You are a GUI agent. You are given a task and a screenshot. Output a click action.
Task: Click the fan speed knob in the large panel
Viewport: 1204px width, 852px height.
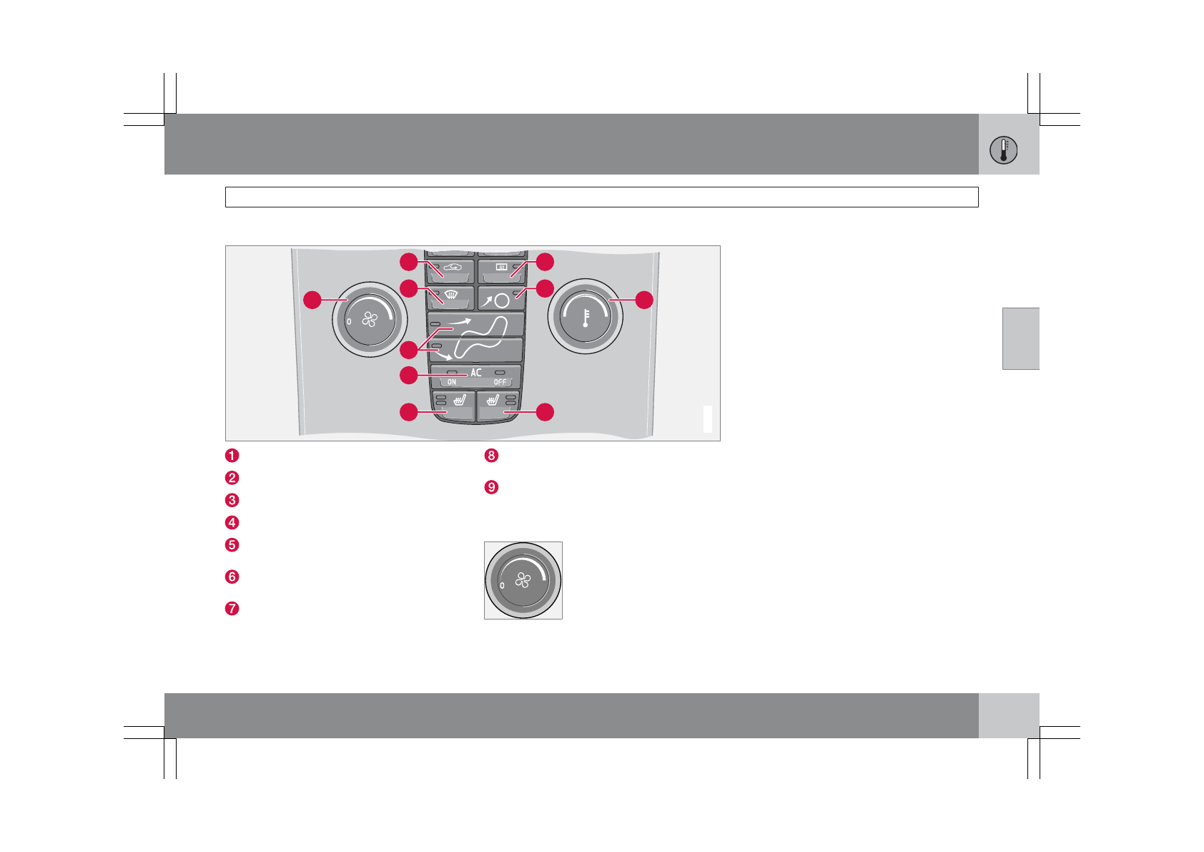[369, 320]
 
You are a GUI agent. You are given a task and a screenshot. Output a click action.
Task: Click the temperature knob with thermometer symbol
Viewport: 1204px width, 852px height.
[585, 316]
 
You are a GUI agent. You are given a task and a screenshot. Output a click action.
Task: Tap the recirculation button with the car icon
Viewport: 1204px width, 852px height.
[451, 270]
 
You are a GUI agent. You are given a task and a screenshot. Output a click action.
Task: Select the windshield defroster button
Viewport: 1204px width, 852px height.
[451, 296]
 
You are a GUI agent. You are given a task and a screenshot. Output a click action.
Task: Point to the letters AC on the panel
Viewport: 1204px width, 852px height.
[476, 373]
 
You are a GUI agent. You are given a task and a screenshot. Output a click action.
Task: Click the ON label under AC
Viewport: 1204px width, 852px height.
[452, 382]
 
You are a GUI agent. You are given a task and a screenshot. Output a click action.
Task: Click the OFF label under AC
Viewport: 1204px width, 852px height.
[500, 382]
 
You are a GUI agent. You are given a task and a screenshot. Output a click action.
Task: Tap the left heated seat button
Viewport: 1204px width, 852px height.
[453, 404]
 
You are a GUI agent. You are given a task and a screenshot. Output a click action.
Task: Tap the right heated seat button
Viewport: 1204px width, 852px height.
[498, 404]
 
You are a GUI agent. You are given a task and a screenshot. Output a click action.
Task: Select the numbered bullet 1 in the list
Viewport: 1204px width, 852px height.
[232, 456]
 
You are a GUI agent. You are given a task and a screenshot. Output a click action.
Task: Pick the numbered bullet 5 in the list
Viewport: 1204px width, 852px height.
[232, 545]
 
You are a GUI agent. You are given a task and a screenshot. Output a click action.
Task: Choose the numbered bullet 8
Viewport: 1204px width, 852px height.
[491, 456]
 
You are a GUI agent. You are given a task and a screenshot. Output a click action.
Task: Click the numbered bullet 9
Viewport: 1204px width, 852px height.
[491, 487]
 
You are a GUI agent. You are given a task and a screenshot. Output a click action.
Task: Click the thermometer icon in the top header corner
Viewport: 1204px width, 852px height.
[1004, 150]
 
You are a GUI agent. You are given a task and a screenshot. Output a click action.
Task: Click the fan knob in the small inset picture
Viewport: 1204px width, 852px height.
[523, 580]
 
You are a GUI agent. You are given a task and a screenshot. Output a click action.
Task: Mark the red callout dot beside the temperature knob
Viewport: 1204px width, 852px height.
[644, 300]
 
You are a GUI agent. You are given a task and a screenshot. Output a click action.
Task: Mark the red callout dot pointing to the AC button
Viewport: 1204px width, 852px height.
[408, 375]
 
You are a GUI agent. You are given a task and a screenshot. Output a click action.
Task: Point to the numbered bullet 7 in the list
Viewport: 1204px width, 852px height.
[232, 609]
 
